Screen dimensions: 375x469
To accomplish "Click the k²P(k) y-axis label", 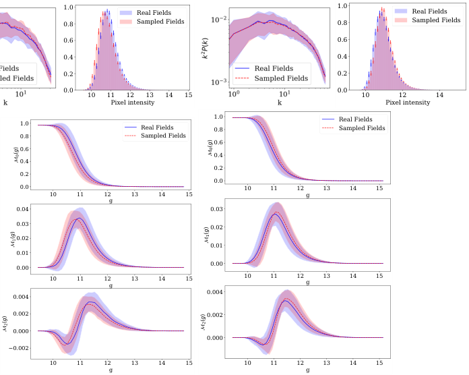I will click(206, 47).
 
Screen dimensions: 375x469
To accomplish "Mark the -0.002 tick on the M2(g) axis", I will click(21, 349).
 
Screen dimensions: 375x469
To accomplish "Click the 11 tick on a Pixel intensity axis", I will click(109, 96).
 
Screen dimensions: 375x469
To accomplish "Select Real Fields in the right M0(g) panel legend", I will click(358, 119).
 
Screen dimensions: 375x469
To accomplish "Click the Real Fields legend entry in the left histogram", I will click(168, 11).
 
